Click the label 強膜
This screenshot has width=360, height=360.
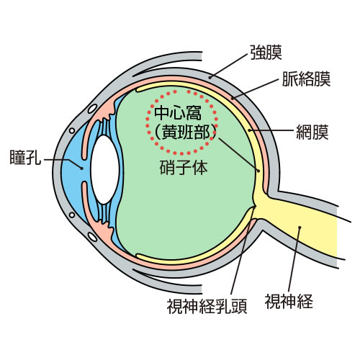point(266,53)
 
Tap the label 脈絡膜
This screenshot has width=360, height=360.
point(306,78)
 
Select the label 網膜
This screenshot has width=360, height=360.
point(312,132)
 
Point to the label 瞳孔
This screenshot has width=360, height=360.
point(25,157)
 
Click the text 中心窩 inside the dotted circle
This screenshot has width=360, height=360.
point(178,114)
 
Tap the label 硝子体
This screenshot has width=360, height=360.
point(184,168)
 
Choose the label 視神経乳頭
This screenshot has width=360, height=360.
point(207,307)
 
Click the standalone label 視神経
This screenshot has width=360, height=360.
point(289,301)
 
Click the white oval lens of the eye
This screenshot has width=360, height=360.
point(105,169)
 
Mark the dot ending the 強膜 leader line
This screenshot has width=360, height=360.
point(210,77)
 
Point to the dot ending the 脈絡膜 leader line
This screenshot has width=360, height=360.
point(233,98)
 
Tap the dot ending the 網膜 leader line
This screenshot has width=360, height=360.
point(250,130)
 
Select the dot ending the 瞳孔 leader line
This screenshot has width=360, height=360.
point(82,168)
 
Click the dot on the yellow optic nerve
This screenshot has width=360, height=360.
point(300,227)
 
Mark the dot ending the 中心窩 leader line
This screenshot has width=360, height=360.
point(258,171)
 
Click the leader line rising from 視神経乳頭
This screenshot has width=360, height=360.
point(242,250)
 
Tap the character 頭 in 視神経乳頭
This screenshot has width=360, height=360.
point(239,307)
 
